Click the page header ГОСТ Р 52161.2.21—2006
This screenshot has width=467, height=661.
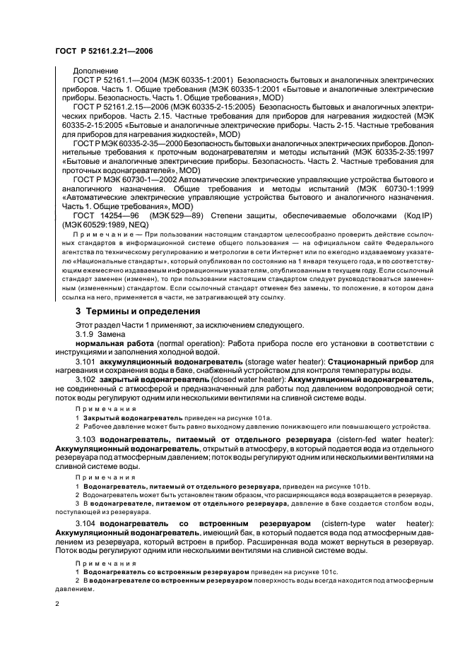tap(105, 51)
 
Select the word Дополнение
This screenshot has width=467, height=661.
tap(92, 71)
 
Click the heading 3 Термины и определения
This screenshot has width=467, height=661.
tap(131, 311)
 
